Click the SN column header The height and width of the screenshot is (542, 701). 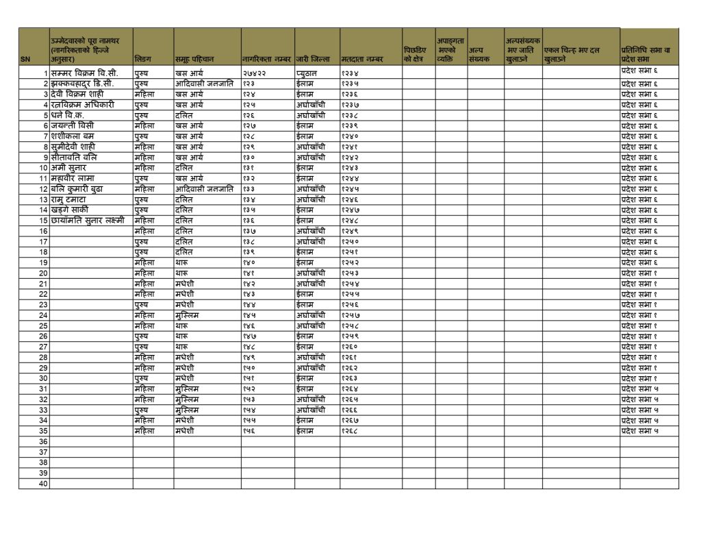pos(25,60)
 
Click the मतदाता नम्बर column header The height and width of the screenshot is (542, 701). pos(361,60)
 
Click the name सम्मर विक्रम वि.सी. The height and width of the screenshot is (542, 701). pos(85,73)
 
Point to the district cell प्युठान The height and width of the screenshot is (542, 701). pos(309,73)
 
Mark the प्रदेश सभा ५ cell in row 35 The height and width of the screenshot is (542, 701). pos(639,431)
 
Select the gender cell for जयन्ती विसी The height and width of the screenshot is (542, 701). pos(144,125)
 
